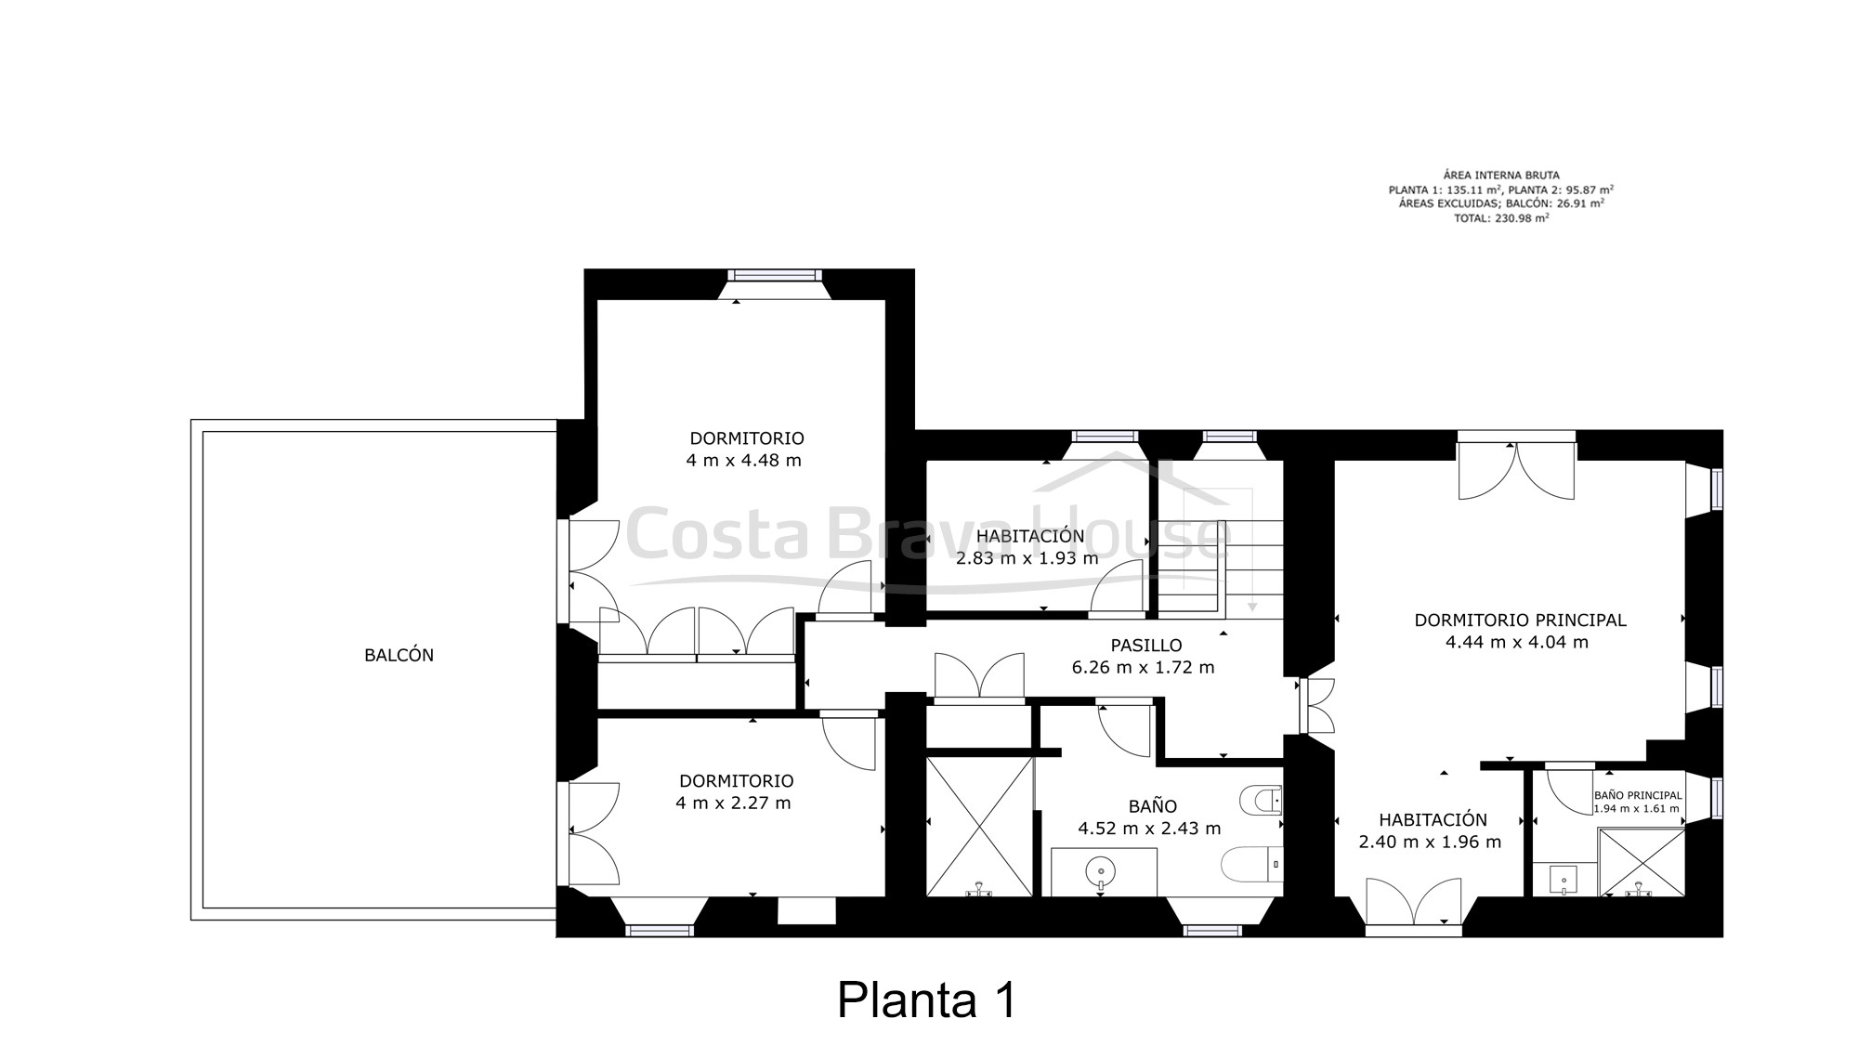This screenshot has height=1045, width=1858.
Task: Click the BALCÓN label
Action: (x=399, y=655)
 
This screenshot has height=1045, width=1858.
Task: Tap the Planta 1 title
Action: (x=927, y=1000)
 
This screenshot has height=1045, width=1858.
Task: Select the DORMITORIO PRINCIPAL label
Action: (x=1520, y=620)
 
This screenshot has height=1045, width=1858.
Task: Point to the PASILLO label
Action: (x=1146, y=645)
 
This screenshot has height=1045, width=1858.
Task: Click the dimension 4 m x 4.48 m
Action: (x=743, y=460)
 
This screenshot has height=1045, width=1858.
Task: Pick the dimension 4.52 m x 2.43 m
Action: (x=1149, y=829)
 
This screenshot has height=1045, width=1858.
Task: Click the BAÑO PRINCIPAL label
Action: (x=1638, y=795)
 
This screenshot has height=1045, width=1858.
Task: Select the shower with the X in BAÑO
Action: (x=980, y=827)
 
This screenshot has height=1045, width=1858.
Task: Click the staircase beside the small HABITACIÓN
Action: (x=1221, y=568)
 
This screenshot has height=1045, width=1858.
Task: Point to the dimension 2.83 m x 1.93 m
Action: (x=1027, y=558)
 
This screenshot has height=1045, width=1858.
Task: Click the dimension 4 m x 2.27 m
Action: (x=733, y=803)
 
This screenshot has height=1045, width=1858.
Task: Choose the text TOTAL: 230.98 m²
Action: (x=1501, y=218)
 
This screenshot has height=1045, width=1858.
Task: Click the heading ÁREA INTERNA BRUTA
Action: (x=1501, y=175)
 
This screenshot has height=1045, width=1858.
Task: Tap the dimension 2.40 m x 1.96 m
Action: (x=1430, y=843)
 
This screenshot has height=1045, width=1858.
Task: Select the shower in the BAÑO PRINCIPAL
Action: (x=1642, y=863)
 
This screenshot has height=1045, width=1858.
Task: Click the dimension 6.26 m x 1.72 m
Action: (x=1144, y=667)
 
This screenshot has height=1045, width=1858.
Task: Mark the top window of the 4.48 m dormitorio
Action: (x=775, y=276)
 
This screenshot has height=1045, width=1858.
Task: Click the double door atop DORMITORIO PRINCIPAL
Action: (x=1516, y=469)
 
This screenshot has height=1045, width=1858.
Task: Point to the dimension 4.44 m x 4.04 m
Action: (x=1517, y=642)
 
